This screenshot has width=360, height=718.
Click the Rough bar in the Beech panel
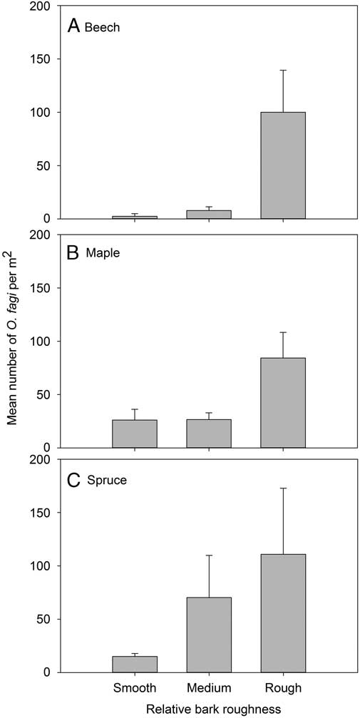click(283, 165)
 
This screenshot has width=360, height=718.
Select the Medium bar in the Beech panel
click(209, 214)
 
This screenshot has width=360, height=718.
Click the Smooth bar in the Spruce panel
click(135, 664)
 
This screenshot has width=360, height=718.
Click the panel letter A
click(73, 26)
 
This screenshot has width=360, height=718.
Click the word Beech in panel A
click(101, 28)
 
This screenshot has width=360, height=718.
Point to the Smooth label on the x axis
click(135, 688)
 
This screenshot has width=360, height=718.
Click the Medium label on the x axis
click(209, 688)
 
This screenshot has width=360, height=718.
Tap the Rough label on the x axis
click(283, 688)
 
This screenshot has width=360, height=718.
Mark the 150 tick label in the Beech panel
click(41, 59)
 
